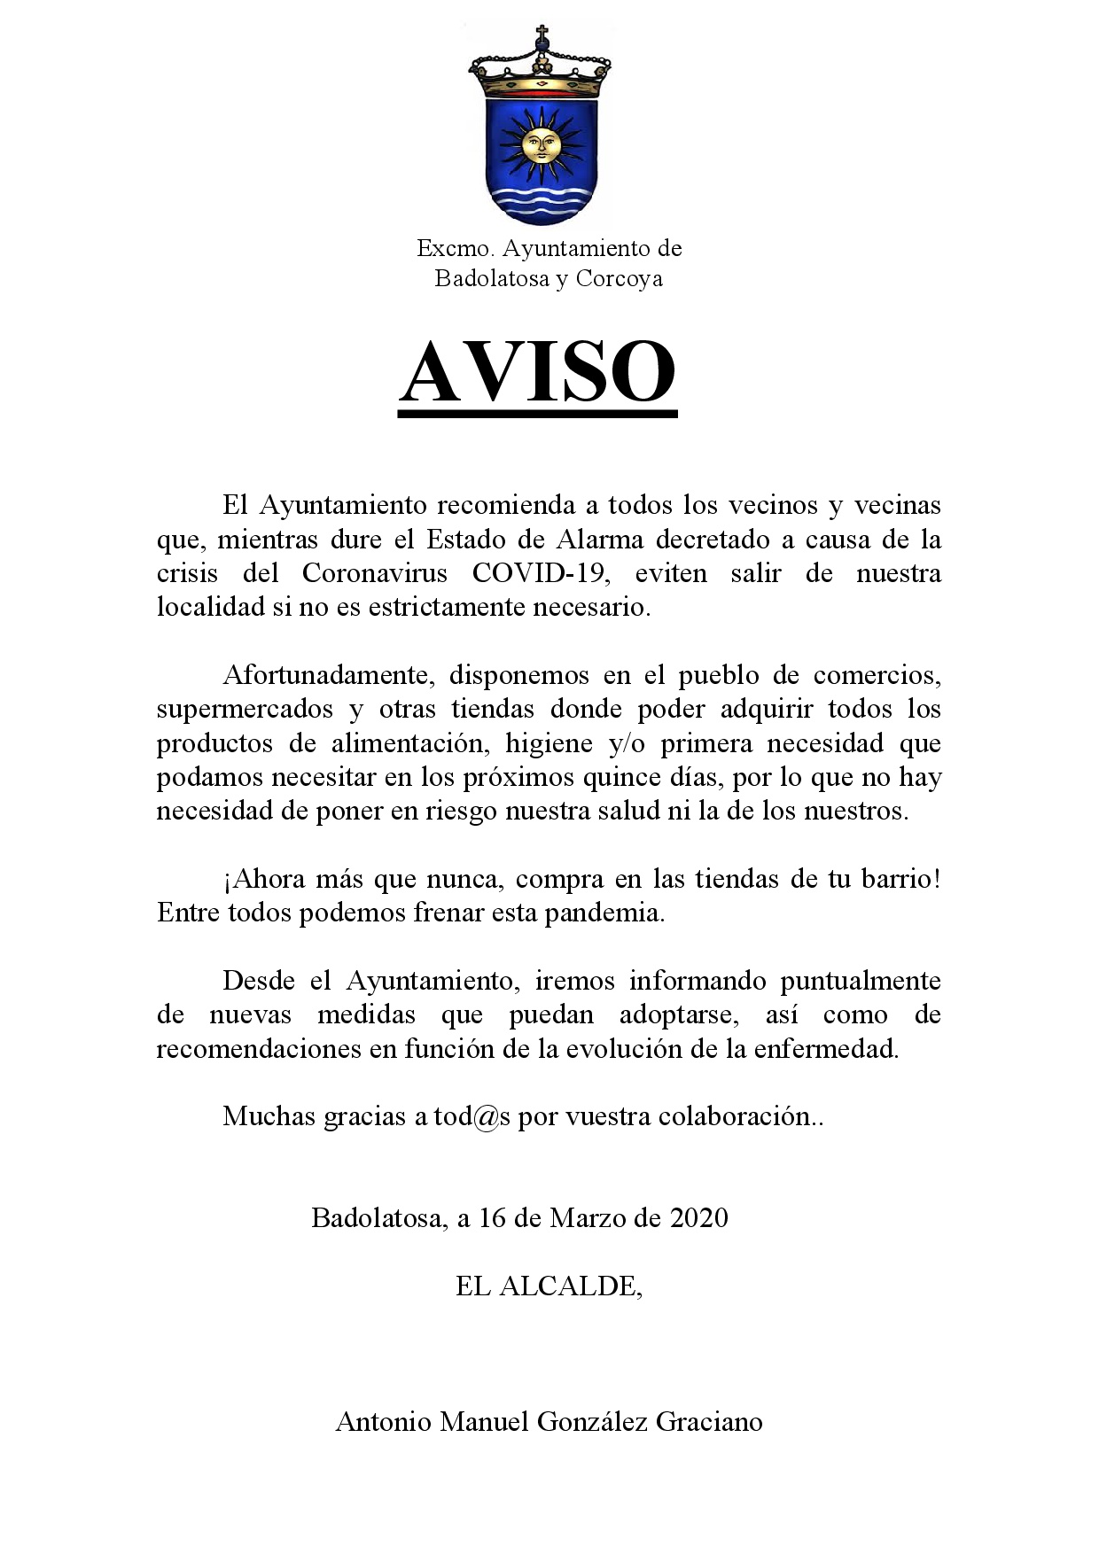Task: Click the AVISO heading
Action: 538,372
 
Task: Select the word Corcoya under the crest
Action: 620,278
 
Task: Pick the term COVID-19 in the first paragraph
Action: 541,573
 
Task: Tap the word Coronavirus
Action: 375,573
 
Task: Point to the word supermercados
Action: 245,709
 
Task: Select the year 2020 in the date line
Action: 698,1217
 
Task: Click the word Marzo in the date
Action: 587,1217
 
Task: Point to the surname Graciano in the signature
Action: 709,1422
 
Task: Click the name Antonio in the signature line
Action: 384,1422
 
